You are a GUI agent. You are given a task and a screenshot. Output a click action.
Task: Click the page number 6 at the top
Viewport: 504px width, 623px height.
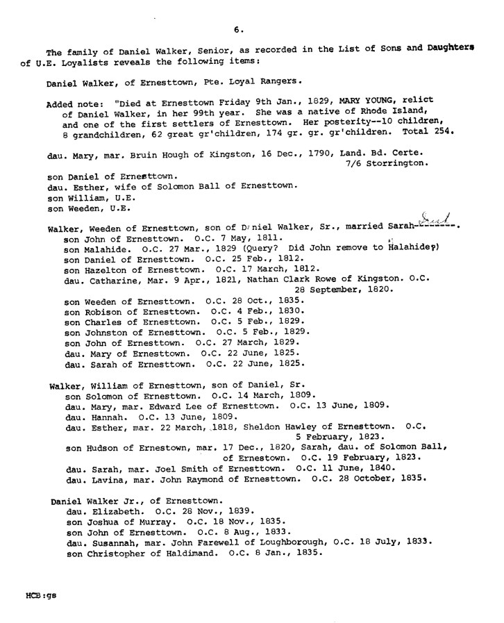[237, 29]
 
